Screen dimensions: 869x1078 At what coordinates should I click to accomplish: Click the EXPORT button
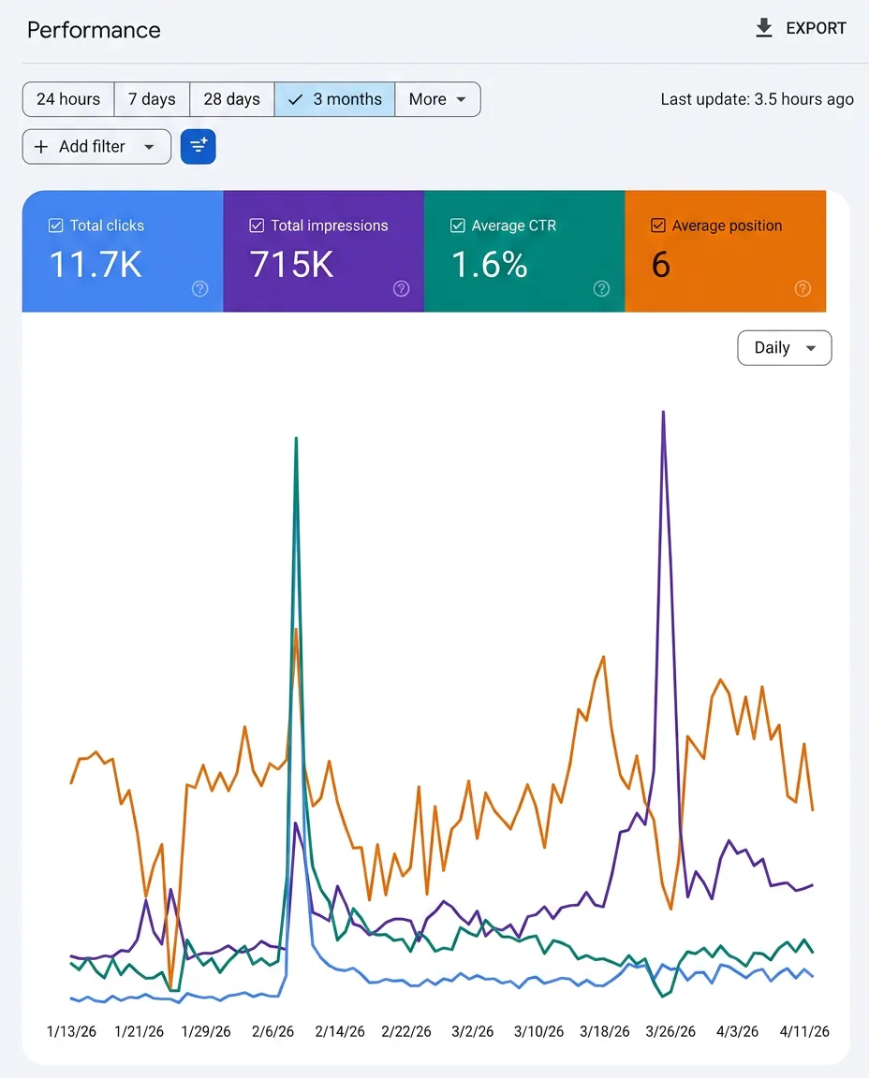tap(801, 28)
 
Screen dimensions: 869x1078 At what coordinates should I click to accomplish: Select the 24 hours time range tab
tap(68, 99)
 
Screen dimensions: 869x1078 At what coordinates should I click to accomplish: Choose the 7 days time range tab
tap(152, 99)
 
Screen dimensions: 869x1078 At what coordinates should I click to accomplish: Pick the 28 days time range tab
tap(232, 99)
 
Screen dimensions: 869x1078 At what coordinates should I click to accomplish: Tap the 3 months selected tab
tap(334, 99)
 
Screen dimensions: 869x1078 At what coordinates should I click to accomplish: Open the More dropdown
tap(437, 99)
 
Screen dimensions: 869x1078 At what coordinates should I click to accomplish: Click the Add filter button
tap(96, 146)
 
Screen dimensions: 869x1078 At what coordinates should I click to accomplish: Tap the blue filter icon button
tap(199, 146)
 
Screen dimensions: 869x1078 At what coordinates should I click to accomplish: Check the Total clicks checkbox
tap(56, 226)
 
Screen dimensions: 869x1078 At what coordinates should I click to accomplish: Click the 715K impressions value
tap(292, 265)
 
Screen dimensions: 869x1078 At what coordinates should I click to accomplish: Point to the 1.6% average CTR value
tap(489, 265)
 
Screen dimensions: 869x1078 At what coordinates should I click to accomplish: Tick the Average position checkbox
tap(657, 226)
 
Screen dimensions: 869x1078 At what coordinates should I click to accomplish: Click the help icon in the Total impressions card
tap(401, 289)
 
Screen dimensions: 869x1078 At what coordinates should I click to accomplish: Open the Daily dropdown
tap(785, 348)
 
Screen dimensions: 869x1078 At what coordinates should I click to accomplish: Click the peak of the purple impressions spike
tap(663, 412)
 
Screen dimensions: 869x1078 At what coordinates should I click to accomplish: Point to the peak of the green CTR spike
tap(296, 438)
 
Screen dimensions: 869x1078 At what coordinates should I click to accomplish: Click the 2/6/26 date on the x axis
tap(272, 1031)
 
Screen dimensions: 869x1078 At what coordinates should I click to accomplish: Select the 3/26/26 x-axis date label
tap(670, 1031)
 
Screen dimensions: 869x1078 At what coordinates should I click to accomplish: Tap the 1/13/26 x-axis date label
tap(71, 1031)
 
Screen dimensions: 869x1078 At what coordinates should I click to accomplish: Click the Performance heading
tap(94, 30)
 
